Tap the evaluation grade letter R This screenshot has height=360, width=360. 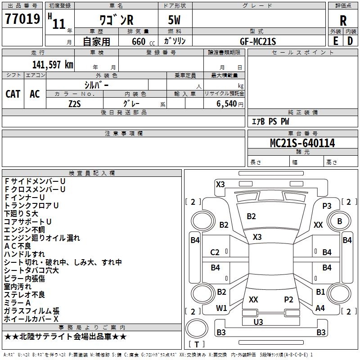pyautogui.click(x=343, y=21)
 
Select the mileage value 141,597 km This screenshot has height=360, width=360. pyautogui.click(x=53, y=65)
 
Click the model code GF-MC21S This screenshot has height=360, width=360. pyautogui.click(x=258, y=41)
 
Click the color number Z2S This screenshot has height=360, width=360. pyautogui.click(x=75, y=103)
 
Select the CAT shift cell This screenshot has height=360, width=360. pyautogui.click(x=13, y=94)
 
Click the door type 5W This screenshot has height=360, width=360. pyautogui.click(x=175, y=21)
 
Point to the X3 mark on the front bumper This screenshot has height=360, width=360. pyautogui.click(x=220, y=184)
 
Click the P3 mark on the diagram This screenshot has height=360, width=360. pyautogui.click(x=327, y=206)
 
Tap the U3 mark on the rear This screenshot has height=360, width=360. pyautogui.click(x=258, y=322)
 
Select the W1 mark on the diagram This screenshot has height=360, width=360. pyautogui.click(x=221, y=308)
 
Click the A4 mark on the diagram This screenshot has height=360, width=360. pyautogui.click(x=320, y=308)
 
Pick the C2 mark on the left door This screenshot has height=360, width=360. pyautogui.click(x=215, y=252)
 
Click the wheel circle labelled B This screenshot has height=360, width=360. pyautogui.click(x=339, y=221)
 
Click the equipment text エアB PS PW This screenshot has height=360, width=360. pyautogui.click(x=270, y=121)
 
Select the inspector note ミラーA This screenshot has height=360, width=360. pyautogui.click(x=18, y=303)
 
